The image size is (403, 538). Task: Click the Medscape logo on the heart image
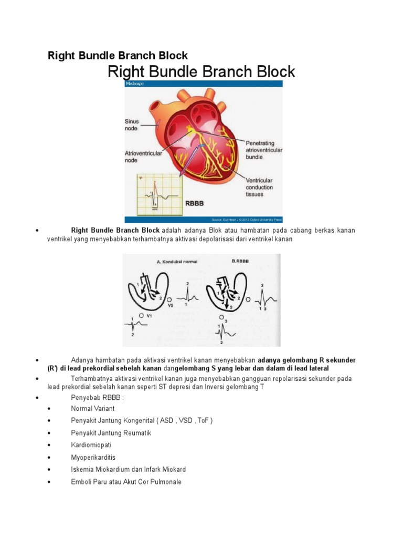pyautogui.click(x=134, y=84)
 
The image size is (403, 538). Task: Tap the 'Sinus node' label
pyautogui.click(x=132, y=125)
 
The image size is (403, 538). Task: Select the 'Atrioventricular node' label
pyautogui.click(x=143, y=157)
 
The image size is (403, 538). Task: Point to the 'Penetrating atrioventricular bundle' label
pyautogui.click(x=263, y=150)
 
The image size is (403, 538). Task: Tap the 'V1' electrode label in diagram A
pyautogui.click(x=149, y=316)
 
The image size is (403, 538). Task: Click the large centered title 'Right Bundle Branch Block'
pyautogui.click(x=201, y=71)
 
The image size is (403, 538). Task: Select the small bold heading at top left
pyautogui.click(x=118, y=55)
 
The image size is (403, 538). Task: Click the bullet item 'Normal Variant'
pyautogui.click(x=92, y=408)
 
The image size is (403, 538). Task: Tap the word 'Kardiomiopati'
pyautogui.click(x=91, y=444)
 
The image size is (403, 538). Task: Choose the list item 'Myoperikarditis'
pyautogui.click(x=93, y=457)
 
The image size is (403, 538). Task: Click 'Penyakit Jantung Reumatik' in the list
pyautogui.click(x=111, y=432)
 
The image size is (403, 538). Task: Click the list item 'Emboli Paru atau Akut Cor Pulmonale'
pyautogui.click(x=126, y=481)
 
